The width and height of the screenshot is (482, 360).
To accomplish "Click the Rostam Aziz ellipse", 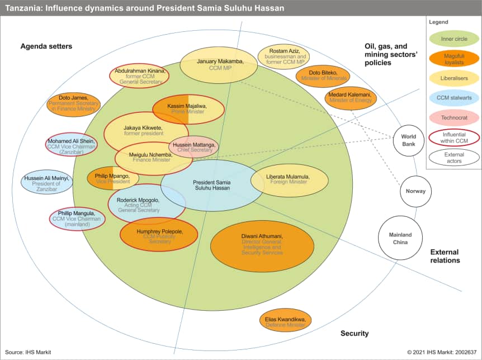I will [283, 56].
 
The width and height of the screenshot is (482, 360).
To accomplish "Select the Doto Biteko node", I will [323, 75].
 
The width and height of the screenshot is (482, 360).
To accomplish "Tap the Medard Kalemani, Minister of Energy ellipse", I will [351, 97].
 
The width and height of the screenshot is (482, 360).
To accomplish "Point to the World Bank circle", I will [408, 140].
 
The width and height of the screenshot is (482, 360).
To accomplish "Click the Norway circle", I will [415, 191].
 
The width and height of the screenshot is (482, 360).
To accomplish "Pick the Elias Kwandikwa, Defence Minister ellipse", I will [286, 321].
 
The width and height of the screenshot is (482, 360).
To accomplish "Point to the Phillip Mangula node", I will [77, 219].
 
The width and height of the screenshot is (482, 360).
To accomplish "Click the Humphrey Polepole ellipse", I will [159, 234].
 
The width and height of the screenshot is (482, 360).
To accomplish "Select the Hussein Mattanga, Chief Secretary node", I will [193, 146].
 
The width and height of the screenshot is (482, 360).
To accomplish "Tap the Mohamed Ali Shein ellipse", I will [72, 144].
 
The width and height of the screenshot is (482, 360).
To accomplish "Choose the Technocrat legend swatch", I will [453, 117].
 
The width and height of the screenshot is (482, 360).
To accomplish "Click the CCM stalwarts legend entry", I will [453, 98].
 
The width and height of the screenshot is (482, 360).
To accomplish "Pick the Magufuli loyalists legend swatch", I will [453, 58].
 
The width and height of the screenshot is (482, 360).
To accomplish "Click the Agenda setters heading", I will [46, 46].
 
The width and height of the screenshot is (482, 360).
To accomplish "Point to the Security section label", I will [355, 334].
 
